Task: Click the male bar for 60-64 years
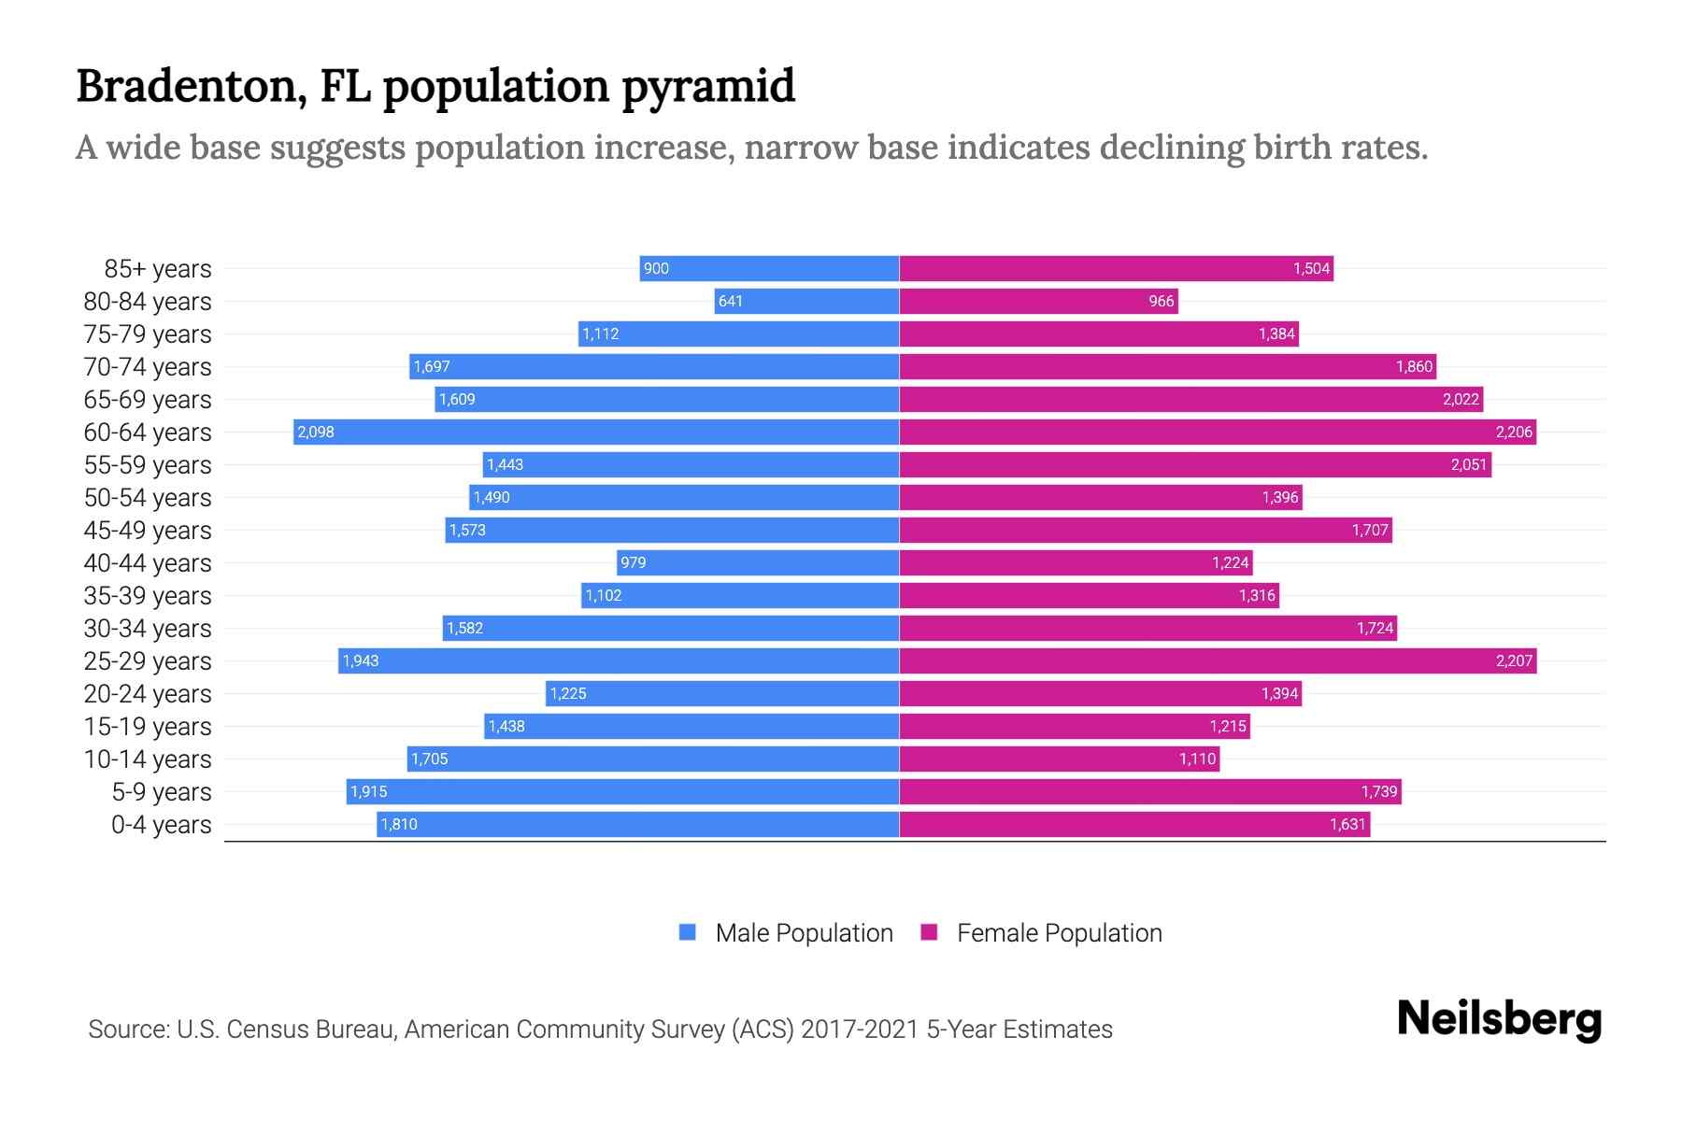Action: click(596, 432)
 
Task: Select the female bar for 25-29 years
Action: click(1218, 660)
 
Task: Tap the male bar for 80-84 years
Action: click(806, 301)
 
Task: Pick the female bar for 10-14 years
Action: click(1059, 759)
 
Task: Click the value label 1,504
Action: click(1311, 269)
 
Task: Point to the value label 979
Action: click(633, 562)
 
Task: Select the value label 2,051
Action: click(1468, 464)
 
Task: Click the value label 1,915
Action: click(368, 791)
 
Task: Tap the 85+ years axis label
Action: click(158, 269)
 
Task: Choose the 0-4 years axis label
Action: click(161, 824)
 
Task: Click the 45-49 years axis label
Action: click(148, 530)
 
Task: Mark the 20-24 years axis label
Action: click(148, 693)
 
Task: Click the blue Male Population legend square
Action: click(688, 932)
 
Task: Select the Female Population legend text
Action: click(1059, 932)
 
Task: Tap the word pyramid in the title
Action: click(707, 87)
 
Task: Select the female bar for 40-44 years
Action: click(1076, 562)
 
